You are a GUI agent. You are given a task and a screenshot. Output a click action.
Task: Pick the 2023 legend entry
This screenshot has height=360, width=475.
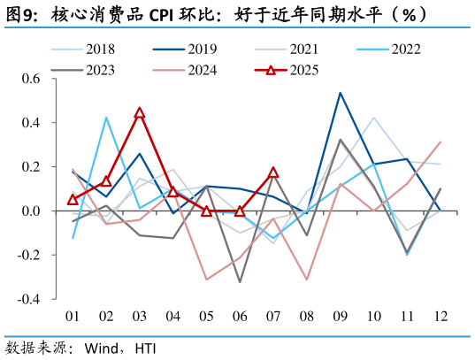click(x=99, y=69)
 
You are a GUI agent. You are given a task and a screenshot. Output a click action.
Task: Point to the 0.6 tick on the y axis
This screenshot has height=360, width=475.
click(x=31, y=79)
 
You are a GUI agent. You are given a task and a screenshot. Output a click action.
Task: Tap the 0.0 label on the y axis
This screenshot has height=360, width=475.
click(x=31, y=211)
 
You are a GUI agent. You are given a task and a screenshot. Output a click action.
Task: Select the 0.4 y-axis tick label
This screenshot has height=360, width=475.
click(x=31, y=123)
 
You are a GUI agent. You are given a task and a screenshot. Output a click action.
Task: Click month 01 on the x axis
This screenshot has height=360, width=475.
click(x=73, y=317)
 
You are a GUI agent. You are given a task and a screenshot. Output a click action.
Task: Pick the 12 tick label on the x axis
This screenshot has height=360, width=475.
click(x=441, y=317)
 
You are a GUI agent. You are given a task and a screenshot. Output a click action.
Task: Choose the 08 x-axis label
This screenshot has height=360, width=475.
click(x=307, y=317)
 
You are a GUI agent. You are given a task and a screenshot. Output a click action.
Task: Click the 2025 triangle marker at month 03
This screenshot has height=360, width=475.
click(x=140, y=113)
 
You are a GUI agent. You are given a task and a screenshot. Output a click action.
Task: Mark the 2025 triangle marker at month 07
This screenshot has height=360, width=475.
click(x=273, y=172)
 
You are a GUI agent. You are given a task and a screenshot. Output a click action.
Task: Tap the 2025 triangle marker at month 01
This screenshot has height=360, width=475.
click(x=73, y=200)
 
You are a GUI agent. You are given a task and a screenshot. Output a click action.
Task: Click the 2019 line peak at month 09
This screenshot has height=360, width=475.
click(x=341, y=93)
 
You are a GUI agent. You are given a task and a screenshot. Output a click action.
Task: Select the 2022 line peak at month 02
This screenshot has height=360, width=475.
click(x=106, y=118)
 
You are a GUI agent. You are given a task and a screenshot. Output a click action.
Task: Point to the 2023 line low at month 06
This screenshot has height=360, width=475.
click(x=240, y=282)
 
